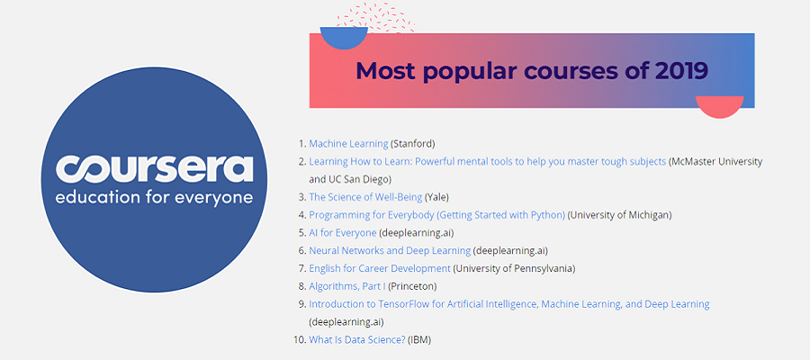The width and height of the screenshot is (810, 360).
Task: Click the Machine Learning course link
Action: click(x=348, y=144)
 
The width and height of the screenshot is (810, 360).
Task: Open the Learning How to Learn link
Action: click(x=487, y=162)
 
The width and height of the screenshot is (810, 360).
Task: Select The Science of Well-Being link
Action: click(x=365, y=197)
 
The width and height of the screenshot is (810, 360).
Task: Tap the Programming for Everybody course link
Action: click(x=437, y=215)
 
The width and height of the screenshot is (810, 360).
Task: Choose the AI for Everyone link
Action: click(x=343, y=233)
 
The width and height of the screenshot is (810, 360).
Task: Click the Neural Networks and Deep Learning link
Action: click(x=390, y=250)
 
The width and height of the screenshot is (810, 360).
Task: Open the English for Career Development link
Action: click(x=380, y=268)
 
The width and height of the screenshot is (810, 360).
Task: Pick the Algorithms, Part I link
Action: click(x=347, y=286)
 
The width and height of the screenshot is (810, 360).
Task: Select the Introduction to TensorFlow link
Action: click(x=508, y=304)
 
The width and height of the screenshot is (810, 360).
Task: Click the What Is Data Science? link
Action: click(x=357, y=340)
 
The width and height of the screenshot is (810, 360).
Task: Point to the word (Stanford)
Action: click(x=413, y=144)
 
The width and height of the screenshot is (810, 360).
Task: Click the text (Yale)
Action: click(x=437, y=197)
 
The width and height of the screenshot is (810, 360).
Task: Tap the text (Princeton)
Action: click(x=412, y=286)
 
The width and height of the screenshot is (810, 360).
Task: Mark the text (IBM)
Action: click(x=419, y=340)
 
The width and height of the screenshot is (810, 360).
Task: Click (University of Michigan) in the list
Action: click(x=620, y=215)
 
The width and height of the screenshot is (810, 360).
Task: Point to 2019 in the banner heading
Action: click(x=681, y=71)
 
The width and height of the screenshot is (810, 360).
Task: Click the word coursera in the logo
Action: click(x=155, y=168)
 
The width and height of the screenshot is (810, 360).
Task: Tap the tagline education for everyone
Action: click(x=154, y=198)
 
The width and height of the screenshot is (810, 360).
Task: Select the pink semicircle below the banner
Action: click(x=720, y=106)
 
